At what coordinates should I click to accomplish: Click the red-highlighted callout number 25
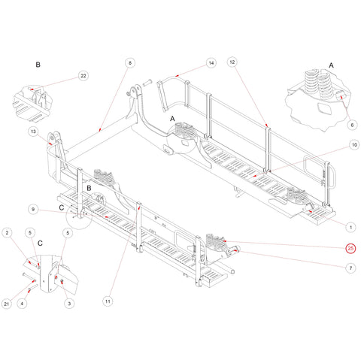tap(350, 248)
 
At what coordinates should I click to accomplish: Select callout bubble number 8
tap(130, 62)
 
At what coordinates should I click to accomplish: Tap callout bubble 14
tap(211, 63)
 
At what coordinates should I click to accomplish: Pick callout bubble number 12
tap(232, 62)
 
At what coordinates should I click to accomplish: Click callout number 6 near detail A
tap(352, 125)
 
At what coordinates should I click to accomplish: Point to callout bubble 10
tap(354, 145)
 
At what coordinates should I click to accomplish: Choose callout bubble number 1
tap(350, 227)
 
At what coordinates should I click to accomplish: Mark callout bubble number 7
tap(350, 268)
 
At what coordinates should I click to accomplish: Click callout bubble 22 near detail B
tap(83, 76)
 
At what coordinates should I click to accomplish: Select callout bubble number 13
tap(33, 132)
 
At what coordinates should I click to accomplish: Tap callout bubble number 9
tap(33, 209)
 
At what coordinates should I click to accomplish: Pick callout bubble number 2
tap(7, 233)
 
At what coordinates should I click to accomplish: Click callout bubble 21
tap(7, 304)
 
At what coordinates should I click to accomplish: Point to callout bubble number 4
tap(22, 304)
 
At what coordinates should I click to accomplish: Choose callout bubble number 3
tap(69, 304)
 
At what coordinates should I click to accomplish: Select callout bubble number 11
tap(108, 301)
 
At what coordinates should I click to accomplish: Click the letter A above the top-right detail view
tap(331, 65)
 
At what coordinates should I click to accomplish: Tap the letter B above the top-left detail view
tap(38, 65)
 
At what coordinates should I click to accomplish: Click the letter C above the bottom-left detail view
tap(40, 244)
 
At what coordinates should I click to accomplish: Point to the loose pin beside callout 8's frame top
tap(147, 83)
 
